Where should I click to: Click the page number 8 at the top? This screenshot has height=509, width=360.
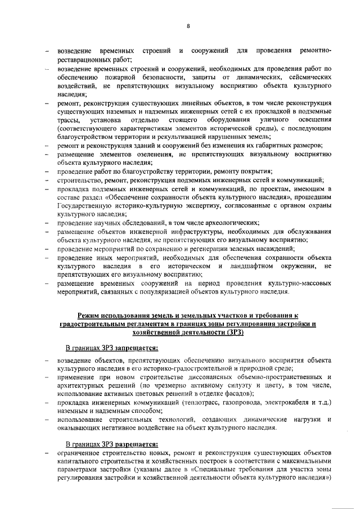coord(188,26)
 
